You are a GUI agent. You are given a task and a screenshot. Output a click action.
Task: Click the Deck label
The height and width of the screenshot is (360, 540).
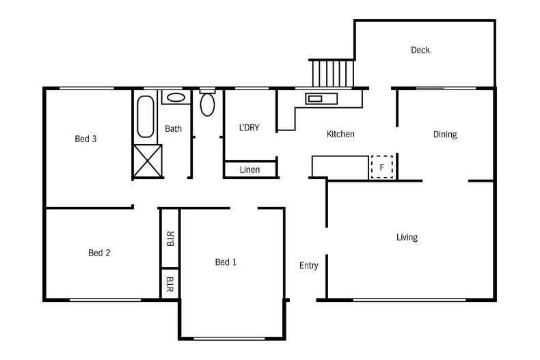pos(420,51)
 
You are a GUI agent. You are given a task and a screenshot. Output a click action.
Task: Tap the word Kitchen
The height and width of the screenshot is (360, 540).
pos(340,134)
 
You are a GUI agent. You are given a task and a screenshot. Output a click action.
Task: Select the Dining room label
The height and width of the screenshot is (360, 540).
pos(445,135)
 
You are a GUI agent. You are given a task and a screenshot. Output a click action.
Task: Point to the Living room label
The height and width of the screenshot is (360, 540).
pos(407,238)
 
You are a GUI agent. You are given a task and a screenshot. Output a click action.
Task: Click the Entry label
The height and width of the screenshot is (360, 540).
pos(308,266)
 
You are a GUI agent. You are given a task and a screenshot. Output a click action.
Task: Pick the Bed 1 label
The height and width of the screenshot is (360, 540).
pos(226,262)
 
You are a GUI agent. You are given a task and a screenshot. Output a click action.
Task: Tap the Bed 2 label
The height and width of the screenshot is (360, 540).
pos(99,253)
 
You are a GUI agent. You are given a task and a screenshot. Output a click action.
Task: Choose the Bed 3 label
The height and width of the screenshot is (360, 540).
pos(85,139)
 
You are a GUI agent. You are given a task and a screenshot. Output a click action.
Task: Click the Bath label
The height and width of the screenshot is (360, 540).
pos(173,128)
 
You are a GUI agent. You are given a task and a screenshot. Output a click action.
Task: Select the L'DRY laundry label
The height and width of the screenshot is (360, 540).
pos(249,128)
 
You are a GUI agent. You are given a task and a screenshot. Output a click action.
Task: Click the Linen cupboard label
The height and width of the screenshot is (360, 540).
pos(249,169)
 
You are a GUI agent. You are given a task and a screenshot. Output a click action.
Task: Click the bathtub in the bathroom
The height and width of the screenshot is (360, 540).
pos(146,117)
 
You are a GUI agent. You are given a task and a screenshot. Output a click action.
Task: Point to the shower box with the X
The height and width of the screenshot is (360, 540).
pos(148,161)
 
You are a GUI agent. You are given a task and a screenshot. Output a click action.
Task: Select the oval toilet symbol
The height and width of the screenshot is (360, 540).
pos(207,105)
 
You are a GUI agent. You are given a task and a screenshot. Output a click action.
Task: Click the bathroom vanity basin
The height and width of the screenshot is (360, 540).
pos(176,98)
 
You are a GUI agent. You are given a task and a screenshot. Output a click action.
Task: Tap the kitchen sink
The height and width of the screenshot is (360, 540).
pos(321,99)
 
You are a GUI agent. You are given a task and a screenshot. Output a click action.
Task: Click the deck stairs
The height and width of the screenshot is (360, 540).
pos(333,73)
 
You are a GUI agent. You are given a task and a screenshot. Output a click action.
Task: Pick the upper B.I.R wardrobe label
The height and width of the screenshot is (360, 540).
pos(170,238)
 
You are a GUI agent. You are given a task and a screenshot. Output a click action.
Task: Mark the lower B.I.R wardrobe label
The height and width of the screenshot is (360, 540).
pos(170,284)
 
